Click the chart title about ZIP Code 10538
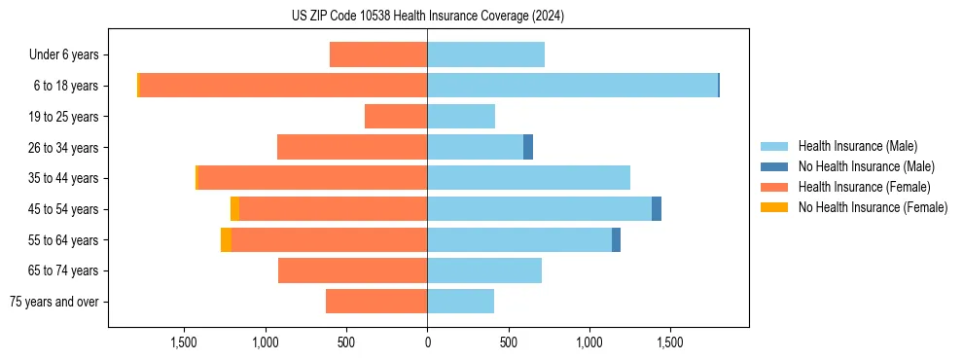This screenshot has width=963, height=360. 427,17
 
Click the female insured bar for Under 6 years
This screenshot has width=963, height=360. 378,55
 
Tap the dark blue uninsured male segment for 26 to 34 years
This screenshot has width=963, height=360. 528,147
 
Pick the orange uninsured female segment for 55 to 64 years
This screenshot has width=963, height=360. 226,239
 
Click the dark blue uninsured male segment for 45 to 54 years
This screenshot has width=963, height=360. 657,208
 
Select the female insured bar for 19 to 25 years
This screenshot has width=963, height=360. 396,117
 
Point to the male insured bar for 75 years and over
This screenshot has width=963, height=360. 460,302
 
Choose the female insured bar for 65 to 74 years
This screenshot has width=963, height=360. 352,270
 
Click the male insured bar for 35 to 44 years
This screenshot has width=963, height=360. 528,178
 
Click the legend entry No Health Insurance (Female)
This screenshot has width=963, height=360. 873,207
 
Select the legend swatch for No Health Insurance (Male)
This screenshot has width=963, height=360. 774,166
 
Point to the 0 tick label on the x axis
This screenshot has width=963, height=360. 427,342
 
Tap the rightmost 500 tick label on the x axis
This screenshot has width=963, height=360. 508,342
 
